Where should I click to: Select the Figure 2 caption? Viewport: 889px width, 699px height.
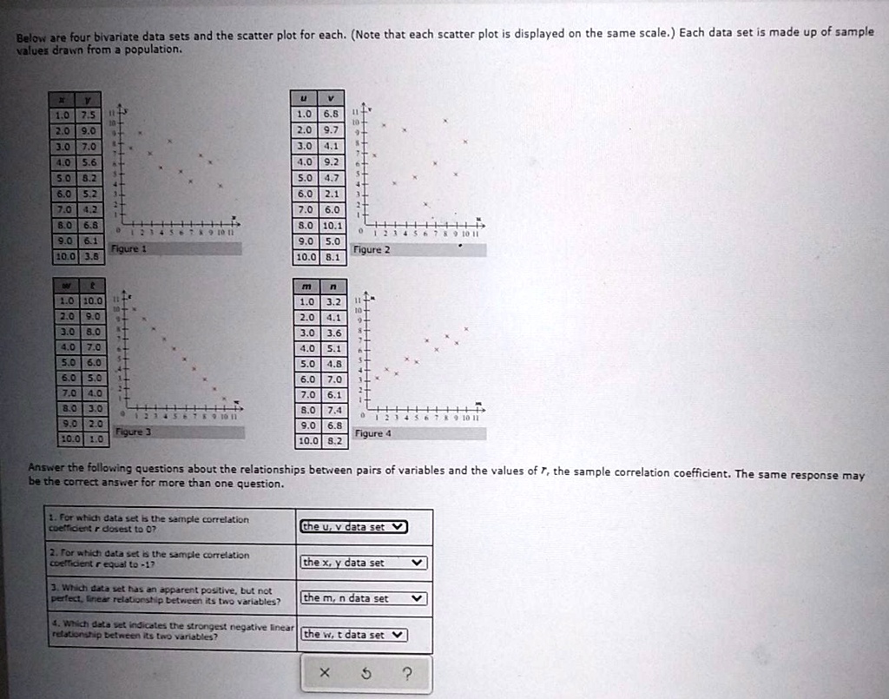point(372,249)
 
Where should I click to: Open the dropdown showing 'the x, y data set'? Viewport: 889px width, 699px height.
point(364,563)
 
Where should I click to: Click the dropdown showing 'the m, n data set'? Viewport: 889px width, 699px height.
point(364,598)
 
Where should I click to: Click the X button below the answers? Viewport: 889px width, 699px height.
point(324,672)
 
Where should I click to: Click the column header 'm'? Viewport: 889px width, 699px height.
point(305,287)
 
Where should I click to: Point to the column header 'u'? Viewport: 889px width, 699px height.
point(305,99)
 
